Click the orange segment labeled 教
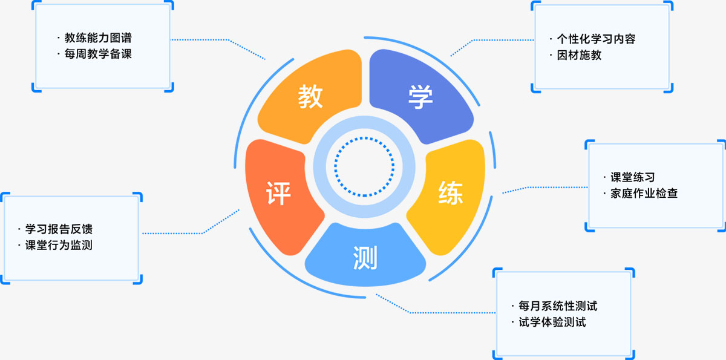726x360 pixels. click(311, 97)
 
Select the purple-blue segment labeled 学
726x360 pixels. click(420, 97)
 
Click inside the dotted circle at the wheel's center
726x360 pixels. click(364, 167)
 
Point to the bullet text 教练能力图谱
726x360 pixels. click(98, 38)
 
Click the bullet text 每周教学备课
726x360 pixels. click(98, 54)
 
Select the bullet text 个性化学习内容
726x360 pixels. click(596, 39)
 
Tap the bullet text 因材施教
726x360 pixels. click(579, 55)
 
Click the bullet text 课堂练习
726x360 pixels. click(633, 177)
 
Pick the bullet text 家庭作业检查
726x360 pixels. click(644, 194)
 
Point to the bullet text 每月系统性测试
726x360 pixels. click(557, 306)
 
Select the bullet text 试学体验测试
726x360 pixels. click(552, 322)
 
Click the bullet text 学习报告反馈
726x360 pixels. click(59, 229)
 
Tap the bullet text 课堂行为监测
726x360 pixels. click(59, 245)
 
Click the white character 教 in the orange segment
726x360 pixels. click(310, 97)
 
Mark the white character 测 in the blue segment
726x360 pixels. click(365, 258)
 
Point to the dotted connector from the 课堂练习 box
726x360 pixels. click(544, 188)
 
